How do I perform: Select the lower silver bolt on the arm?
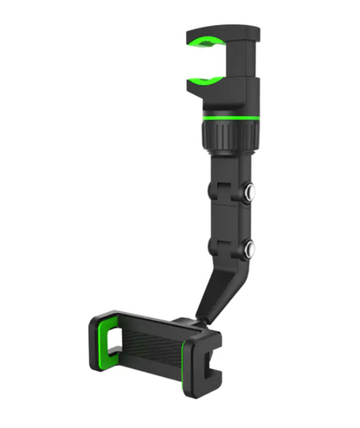251,251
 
